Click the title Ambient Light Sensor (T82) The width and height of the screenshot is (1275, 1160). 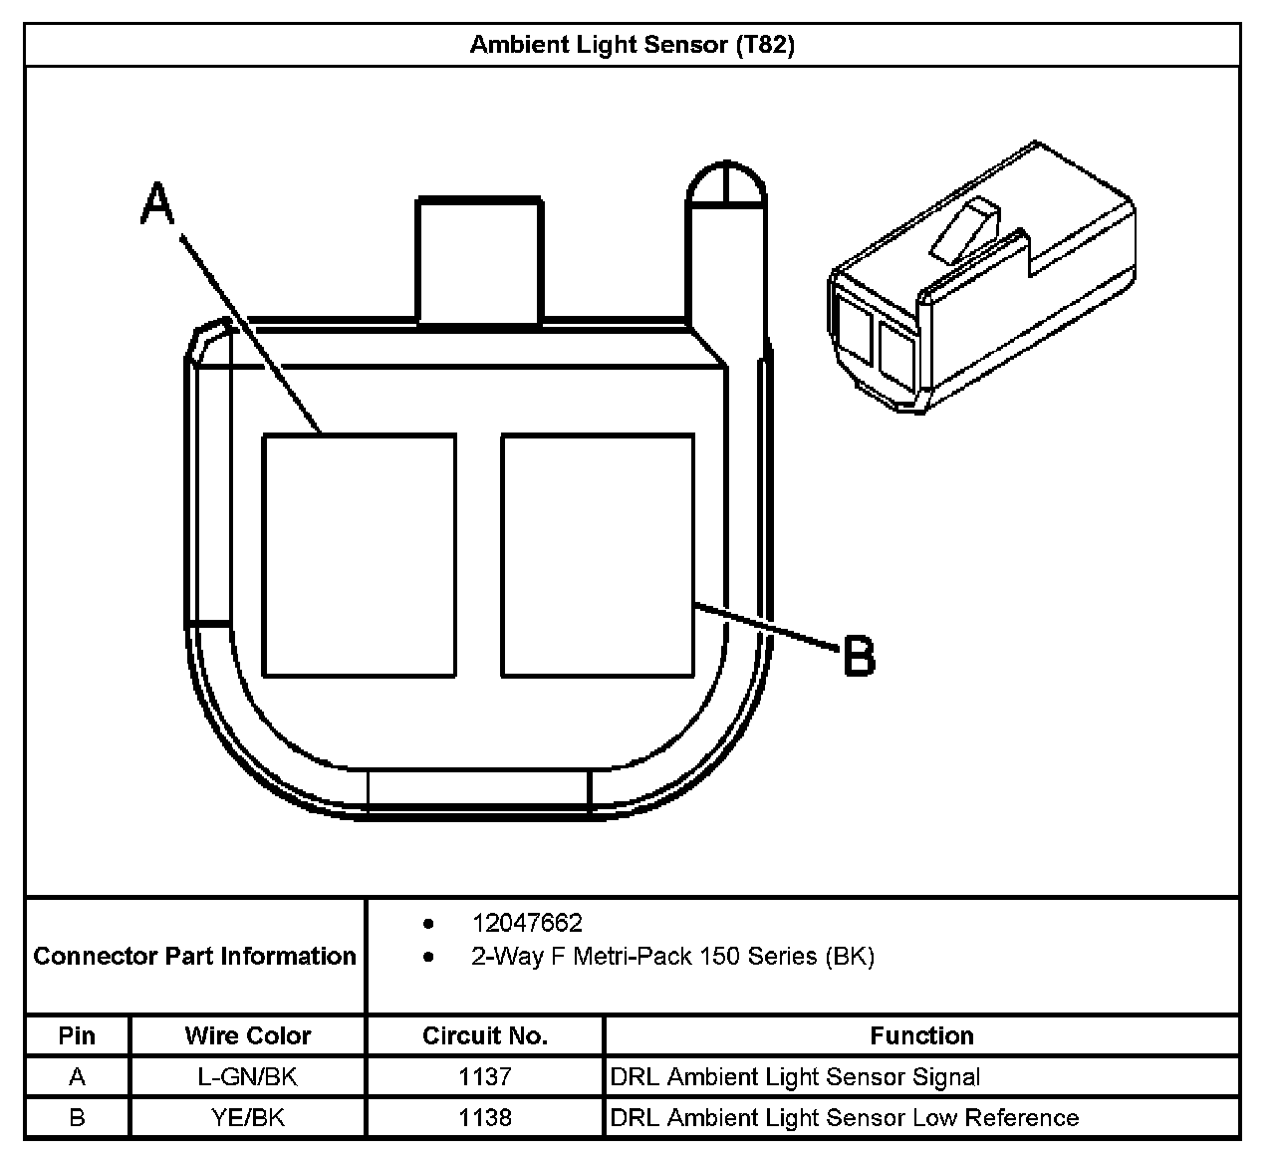tap(632, 45)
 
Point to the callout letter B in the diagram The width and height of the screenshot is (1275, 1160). tap(859, 657)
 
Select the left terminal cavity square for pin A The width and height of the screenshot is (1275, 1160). tap(360, 555)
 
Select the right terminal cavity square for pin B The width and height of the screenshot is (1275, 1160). tap(598, 555)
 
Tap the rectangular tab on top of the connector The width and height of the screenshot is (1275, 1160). tap(479, 261)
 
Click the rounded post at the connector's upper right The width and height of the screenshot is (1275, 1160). tap(726, 189)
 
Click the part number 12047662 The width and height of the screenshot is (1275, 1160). tap(527, 923)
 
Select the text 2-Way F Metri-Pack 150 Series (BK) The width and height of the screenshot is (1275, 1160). tap(672, 957)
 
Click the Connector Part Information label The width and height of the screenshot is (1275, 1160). tap(195, 957)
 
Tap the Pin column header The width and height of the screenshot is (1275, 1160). tap(77, 1035)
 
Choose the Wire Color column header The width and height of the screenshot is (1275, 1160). tap(248, 1035)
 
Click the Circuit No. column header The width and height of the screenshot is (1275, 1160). tap(485, 1035)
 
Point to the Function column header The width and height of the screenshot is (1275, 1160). tap(921, 1035)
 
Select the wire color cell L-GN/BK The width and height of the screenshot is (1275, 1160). tap(248, 1077)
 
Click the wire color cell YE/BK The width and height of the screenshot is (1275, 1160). tap(248, 1118)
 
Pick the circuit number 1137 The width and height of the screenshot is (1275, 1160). tap(485, 1077)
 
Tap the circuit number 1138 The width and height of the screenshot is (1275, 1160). tap(485, 1118)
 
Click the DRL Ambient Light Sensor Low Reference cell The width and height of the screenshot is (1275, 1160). tap(845, 1118)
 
